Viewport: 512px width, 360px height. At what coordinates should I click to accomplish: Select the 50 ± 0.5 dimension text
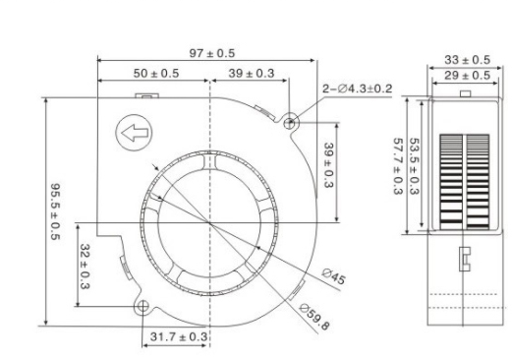(x=155, y=74)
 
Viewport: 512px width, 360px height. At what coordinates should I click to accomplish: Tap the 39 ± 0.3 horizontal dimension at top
(x=250, y=74)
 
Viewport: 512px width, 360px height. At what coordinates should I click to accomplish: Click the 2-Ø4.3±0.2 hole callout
(x=358, y=89)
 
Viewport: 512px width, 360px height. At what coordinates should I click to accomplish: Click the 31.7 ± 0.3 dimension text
(x=178, y=337)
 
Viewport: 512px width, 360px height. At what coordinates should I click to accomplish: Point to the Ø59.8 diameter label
(x=314, y=317)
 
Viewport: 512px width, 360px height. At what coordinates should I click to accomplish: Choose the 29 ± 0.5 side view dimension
(x=465, y=76)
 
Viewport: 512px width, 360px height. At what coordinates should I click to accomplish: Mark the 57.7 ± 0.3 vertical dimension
(x=398, y=164)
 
